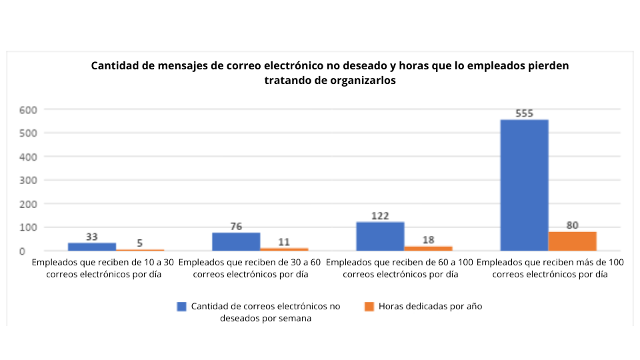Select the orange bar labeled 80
click(x=572, y=241)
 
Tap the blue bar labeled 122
click(x=380, y=236)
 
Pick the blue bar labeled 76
click(x=236, y=241)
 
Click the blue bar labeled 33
click(x=92, y=247)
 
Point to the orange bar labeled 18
click(x=428, y=248)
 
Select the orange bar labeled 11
click(x=284, y=249)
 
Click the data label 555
click(x=524, y=113)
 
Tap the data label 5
click(x=140, y=243)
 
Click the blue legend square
click(x=181, y=306)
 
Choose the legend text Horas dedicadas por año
click(x=430, y=306)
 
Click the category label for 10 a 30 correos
click(x=103, y=268)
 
